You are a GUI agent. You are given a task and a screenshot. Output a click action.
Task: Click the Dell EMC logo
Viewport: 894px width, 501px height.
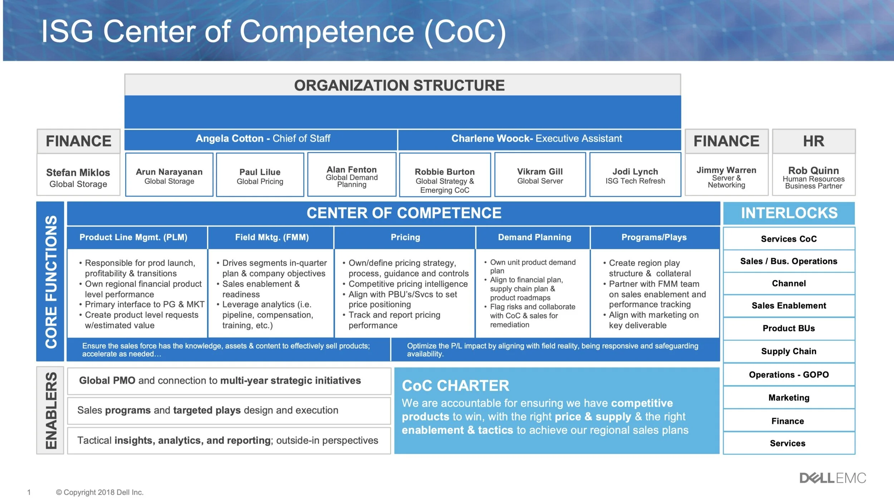tap(832, 478)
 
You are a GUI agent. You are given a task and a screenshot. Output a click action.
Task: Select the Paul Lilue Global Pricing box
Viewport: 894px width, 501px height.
tap(260, 175)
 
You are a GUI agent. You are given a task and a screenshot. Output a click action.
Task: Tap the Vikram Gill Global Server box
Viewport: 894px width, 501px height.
tap(540, 175)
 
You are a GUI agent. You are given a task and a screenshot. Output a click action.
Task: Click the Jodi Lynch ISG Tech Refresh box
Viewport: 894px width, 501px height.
tap(635, 175)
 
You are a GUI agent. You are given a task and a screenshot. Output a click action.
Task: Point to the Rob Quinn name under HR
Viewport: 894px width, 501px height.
tap(814, 171)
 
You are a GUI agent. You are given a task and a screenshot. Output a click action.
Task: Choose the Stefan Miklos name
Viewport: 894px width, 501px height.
tap(78, 172)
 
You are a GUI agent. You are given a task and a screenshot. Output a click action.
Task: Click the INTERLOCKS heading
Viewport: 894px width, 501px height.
tap(789, 213)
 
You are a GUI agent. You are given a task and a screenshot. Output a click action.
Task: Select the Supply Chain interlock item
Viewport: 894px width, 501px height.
tap(789, 351)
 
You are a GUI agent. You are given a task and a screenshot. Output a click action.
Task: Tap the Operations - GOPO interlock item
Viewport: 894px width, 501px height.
tap(789, 374)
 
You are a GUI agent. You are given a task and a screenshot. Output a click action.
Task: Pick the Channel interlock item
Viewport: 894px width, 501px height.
tap(789, 283)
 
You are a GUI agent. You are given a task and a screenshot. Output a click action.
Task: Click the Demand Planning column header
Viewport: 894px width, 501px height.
tap(535, 237)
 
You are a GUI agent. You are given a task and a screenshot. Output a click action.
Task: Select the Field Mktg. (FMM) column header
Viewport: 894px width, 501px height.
tap(272, 237)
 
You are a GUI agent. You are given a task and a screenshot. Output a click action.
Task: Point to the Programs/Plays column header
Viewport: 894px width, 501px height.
tap(654, 237)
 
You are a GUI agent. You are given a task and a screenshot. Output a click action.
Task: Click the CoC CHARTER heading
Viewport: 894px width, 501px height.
tap(455, 385)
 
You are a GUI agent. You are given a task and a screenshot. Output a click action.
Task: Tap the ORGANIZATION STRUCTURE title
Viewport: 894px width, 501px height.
tap(399, 85)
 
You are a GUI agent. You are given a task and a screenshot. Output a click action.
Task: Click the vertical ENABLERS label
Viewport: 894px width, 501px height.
tap(51, 410)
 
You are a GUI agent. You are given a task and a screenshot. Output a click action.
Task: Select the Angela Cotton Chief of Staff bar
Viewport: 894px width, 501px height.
tap(262, 139)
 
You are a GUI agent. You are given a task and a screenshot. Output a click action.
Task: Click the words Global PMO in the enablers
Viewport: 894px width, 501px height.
tap(107, 380)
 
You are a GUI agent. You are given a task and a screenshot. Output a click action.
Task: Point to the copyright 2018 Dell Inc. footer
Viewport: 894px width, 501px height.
tap(100, 492)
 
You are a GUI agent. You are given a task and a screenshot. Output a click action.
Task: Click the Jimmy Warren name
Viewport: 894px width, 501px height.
tap(726, 170)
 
